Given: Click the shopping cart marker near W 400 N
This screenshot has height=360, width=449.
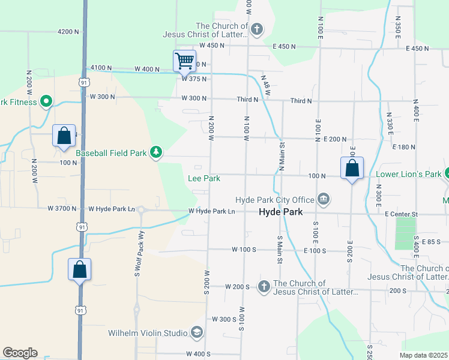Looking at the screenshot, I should [184, 61].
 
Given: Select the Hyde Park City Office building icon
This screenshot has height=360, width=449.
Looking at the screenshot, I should [324, 199].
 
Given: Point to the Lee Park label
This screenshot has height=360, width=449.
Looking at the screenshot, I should [204, 178].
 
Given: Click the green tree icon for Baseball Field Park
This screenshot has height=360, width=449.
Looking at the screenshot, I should [156, 153].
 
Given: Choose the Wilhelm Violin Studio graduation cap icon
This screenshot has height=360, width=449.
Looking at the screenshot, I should [196, 332].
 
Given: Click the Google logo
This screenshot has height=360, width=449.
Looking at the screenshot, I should [20, 353].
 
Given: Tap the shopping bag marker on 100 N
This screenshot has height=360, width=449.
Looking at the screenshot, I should [352, 169].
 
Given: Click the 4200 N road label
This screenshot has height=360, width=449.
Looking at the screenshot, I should [68, 31].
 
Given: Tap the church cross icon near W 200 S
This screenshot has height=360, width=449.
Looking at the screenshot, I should [264, 287].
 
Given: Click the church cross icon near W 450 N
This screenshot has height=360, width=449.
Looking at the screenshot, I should [257, 29].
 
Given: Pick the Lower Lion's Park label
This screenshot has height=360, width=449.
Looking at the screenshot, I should [408, 175].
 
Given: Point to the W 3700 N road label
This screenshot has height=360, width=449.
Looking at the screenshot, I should [62, 209].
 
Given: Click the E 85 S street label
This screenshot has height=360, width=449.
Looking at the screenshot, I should [432, 242].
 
